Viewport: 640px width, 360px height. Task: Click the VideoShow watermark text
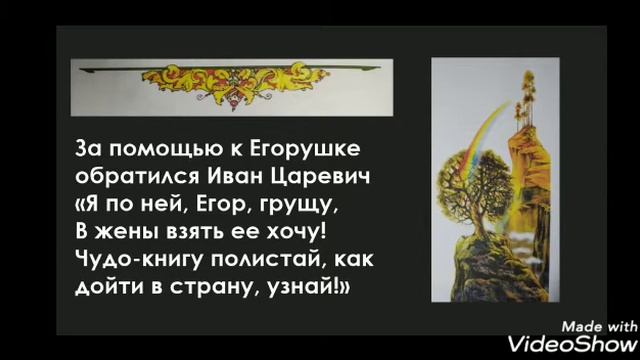[x=572, y=343]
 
